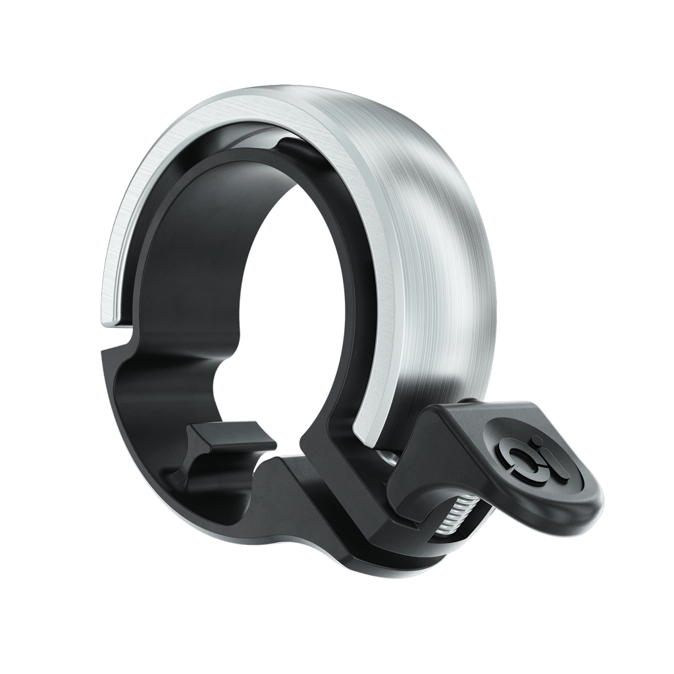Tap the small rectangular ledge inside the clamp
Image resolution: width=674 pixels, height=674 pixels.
(x=230, y=437)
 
